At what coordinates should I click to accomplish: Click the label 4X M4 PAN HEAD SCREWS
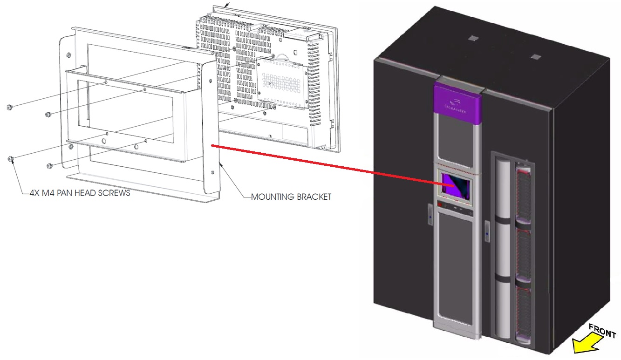[76, 193]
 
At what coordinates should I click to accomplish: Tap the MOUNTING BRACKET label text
[291, 197]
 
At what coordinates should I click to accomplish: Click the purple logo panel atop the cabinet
[457, 102]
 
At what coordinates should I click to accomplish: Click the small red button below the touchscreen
[439, 204]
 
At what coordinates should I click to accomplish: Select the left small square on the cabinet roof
[473, 38]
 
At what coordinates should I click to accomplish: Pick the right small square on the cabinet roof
[535, 57]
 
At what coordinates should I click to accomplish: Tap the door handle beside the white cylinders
[487, 229]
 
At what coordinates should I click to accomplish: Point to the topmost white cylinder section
[502, 186]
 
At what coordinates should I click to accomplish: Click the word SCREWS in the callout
[114, 193]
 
